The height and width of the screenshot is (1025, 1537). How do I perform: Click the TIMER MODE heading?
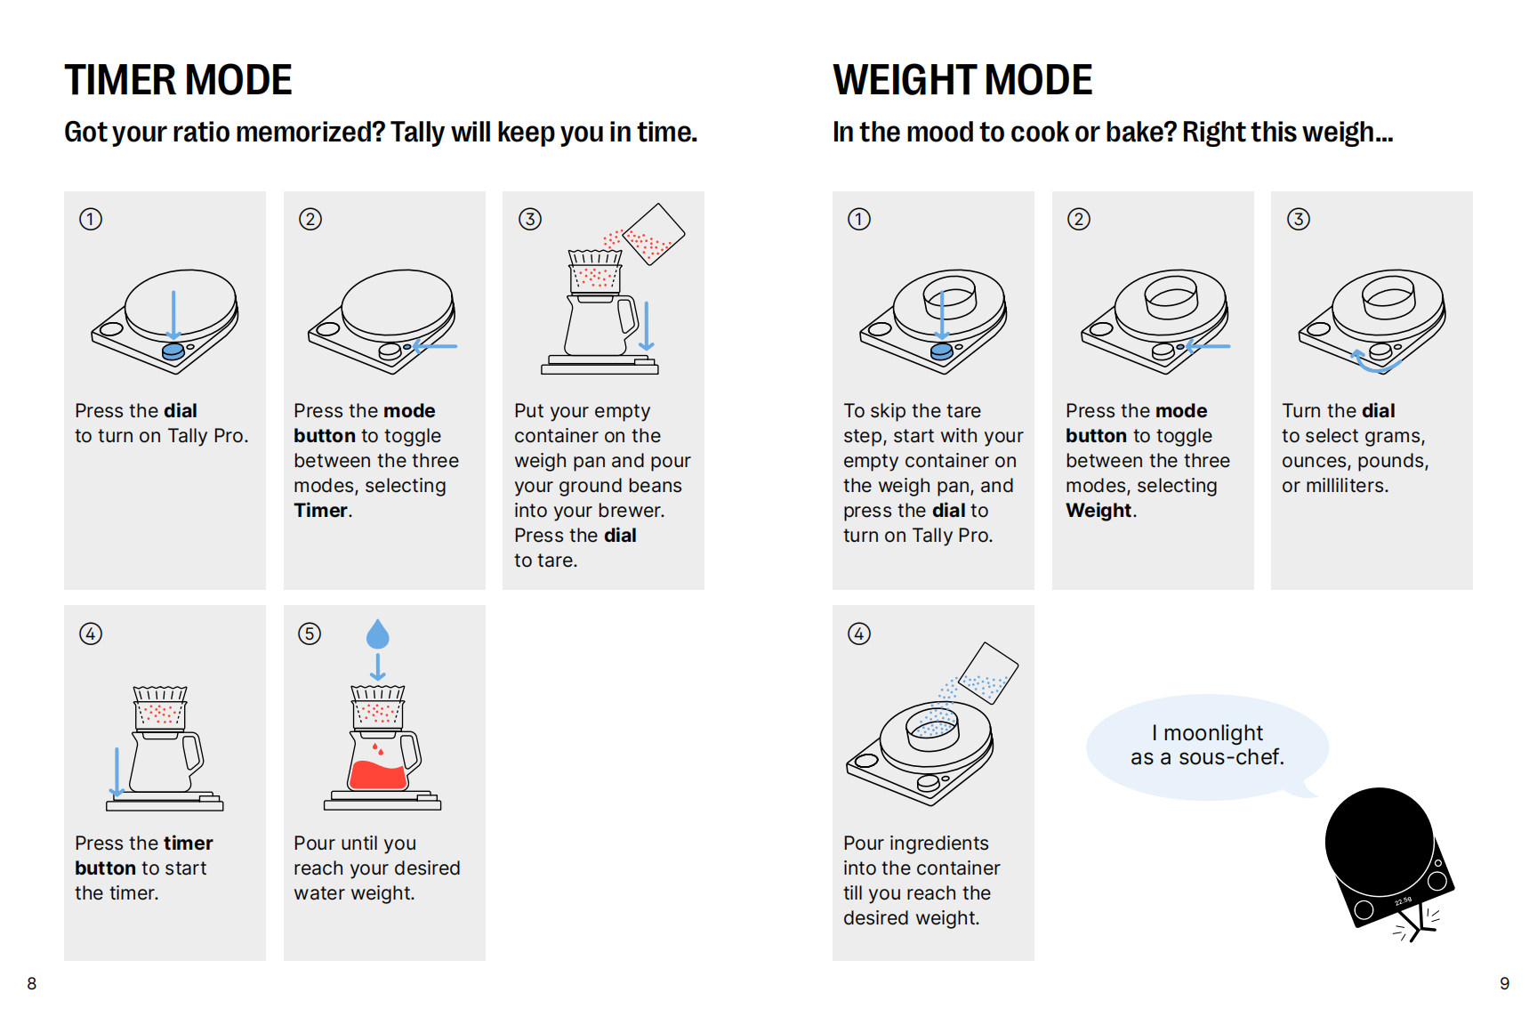point(178,80)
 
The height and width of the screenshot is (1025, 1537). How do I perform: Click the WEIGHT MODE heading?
point(962,80)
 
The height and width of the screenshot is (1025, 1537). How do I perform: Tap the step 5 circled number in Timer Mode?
point(310,634)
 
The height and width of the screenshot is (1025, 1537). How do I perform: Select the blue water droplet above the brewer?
point(378,634)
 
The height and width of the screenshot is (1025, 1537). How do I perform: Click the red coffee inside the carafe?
point(378,775)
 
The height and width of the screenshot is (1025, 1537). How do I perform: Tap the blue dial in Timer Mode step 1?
point(173,351)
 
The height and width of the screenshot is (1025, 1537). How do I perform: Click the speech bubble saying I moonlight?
point(1207,746)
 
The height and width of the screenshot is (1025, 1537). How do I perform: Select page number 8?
point(32,983)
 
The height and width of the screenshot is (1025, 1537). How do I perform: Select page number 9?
point(1505,983)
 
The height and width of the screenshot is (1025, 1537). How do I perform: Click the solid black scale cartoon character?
point(1388,859)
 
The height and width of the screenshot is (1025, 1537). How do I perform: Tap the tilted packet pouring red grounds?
point(654,234)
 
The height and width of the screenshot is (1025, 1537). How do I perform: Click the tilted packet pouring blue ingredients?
point(987,674)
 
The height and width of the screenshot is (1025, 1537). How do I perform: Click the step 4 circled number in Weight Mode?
point(859,634)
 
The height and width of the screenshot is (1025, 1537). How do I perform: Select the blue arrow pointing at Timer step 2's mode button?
point(434,346)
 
